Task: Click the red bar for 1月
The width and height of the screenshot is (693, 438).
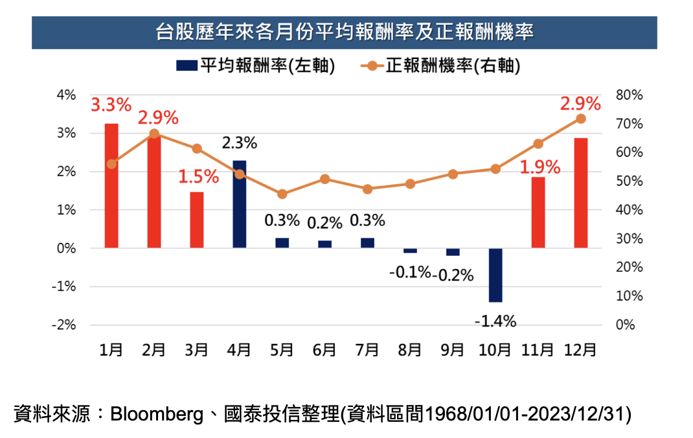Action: (x=111, y=185)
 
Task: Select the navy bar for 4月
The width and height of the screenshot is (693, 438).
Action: (x=239, y=204)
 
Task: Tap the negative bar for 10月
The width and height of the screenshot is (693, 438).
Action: (x=495, y=275)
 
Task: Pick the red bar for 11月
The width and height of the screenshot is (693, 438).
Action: (x=538, y=213)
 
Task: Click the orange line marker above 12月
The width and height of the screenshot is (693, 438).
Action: (x=580, y=119)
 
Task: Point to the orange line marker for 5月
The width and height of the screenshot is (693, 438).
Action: (x=282, y=194)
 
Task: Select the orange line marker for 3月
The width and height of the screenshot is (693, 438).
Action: (x=197, y=148)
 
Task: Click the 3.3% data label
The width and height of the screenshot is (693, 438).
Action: (x=111, y=104)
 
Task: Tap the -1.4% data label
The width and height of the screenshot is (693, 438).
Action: (x=495, y=320)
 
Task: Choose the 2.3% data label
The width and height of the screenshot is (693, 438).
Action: (x=239, y=143)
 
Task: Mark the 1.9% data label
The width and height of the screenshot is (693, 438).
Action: (x=539, y=168)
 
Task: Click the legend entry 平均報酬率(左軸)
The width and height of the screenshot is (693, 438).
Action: (x=254, y=66)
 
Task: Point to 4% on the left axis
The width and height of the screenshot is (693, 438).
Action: (x=67, y=95)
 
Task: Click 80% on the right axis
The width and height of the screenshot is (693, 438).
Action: (x=629, y=95)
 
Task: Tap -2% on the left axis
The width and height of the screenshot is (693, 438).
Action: (x=65, y=325)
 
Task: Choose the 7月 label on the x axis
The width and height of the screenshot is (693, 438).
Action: (x=367, y=350)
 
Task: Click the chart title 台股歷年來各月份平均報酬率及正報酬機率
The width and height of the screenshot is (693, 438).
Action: (x=345, y=32)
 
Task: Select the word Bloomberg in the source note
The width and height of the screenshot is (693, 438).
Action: (x=156, y=413)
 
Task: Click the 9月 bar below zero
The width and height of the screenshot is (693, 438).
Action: (x=453, y=252)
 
